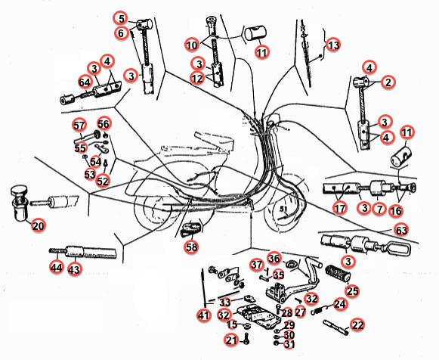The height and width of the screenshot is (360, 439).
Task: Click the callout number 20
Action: point(39,225)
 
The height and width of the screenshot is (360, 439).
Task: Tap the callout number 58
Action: point(191,247)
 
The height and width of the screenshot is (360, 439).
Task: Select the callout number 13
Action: point(333,45)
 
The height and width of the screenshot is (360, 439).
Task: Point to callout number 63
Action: point(401,230)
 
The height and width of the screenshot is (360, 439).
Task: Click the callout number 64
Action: point(85,82)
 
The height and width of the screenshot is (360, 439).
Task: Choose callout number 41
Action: point(203,315)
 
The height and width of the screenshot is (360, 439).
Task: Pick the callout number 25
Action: point(353,291)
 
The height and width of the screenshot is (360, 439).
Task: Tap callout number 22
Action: point(357,325)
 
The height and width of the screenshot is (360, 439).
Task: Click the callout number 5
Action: point(121,19)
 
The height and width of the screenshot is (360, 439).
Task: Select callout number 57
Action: point(79,126)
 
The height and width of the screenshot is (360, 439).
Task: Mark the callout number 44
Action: point(56,268)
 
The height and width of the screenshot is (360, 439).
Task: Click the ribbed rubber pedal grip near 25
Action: point(338,273)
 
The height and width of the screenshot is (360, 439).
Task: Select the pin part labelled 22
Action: point(336,327)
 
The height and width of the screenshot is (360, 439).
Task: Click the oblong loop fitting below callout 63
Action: point(398,247)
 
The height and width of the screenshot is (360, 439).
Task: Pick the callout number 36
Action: point(274,259)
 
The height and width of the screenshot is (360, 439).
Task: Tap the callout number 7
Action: point(379,209)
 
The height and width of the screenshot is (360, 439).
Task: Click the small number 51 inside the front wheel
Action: point(283,209)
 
